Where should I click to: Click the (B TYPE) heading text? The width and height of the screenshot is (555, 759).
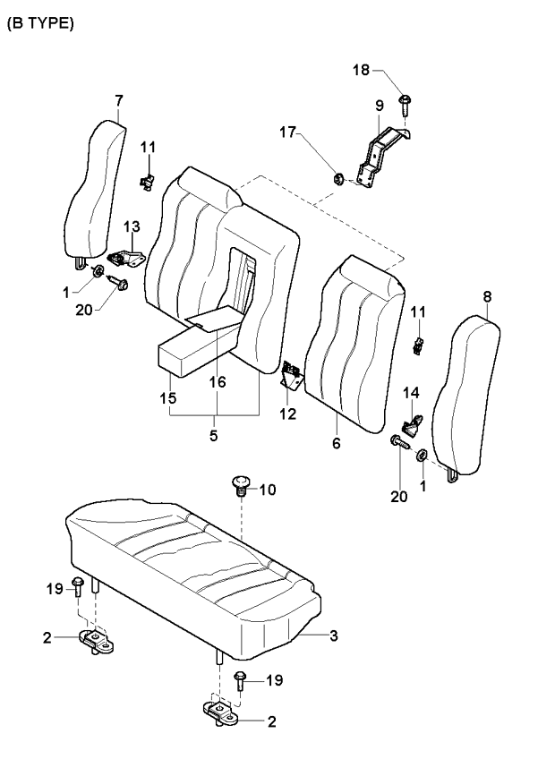point(40,23)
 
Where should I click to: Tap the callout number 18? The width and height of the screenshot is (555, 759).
point(361,70)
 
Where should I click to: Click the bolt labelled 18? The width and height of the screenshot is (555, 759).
point(405,105)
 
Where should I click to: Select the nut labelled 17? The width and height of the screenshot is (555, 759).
point(339,179)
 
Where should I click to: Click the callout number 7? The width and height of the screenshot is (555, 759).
point(119,100)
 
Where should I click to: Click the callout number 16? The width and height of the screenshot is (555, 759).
point(218,382)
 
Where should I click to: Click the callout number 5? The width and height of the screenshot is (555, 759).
point(214,435)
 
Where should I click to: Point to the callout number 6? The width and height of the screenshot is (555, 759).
point(337,442)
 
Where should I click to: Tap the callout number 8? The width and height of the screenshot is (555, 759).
point(487,296)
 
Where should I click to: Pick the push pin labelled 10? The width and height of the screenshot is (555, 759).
point(241,485)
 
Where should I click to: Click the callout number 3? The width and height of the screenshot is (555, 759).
point(333,635)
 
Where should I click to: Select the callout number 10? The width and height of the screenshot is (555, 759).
point(268,490)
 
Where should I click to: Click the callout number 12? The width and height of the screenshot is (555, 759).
point(287,414)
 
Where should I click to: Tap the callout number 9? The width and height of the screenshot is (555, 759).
point(380,106)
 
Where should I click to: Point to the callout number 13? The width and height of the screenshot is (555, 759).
point(132,226)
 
